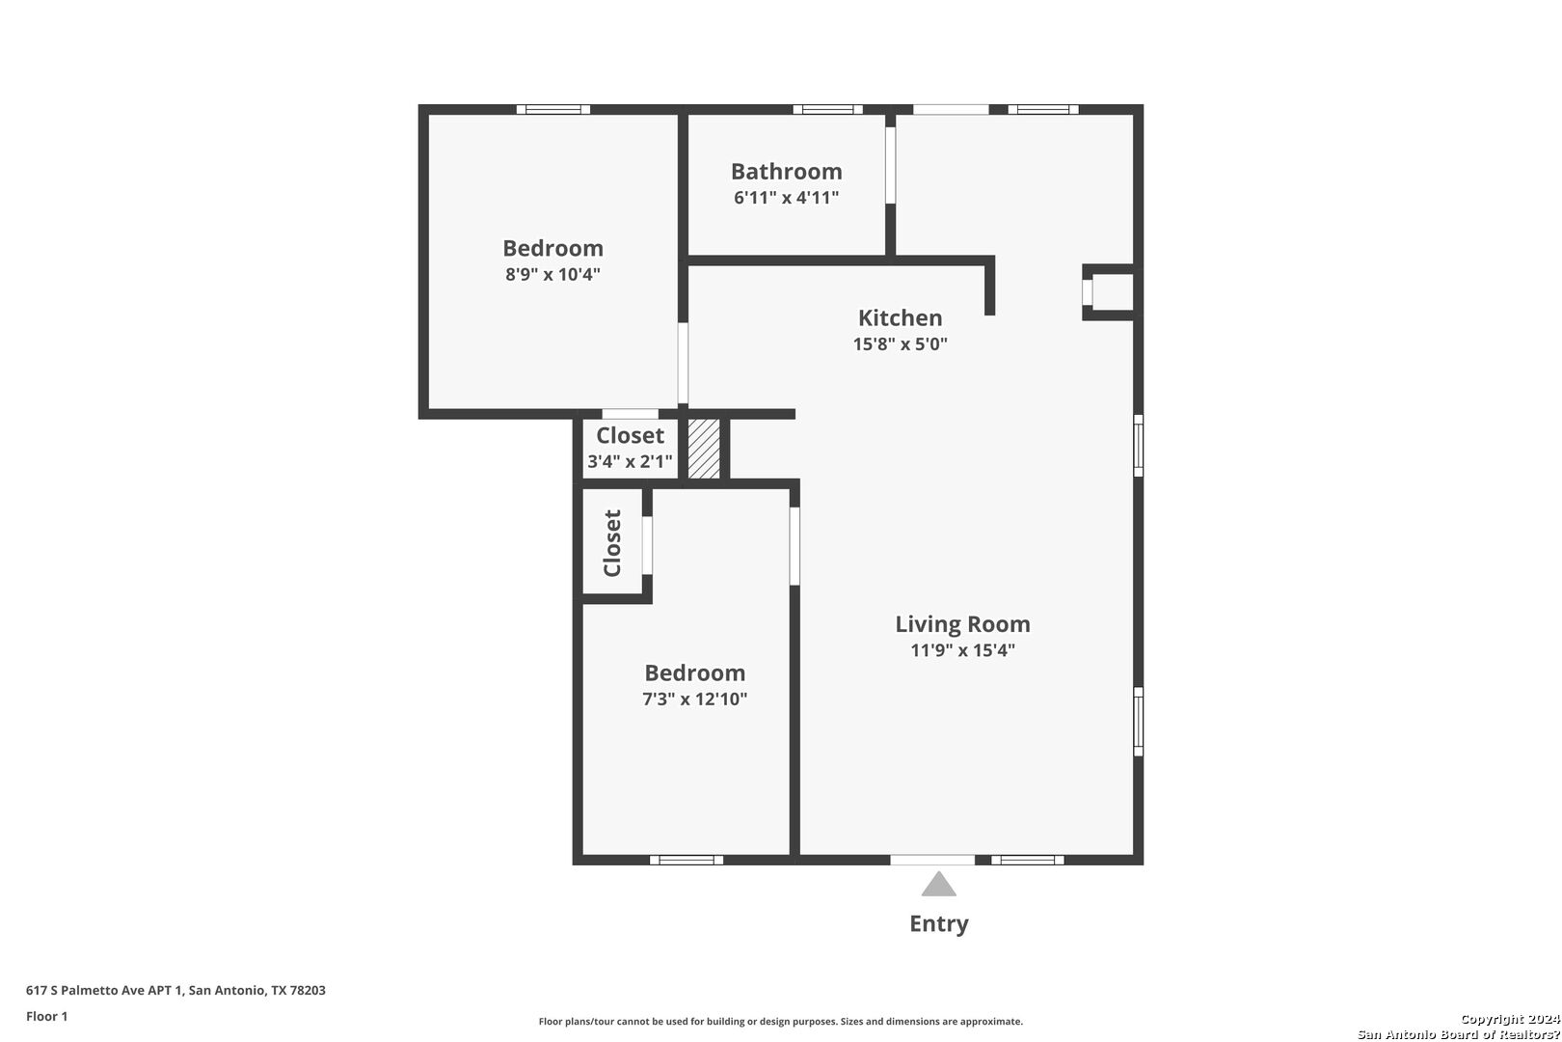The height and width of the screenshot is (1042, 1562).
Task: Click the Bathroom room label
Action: pyautogui.click(x=786, y=172)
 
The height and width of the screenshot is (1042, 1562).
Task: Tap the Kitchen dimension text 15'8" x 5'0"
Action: pyautogui.click(x=901, y=344)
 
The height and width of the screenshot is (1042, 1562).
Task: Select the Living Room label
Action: pyautogui.click(x=962, y=624)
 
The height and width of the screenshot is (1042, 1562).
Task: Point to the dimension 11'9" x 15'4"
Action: pyautogui.click(x=962, y=650)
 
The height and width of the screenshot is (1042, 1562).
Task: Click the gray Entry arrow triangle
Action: pyautogui.click(x=938, y=885)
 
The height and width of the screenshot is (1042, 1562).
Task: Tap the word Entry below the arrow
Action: pyautogui.click(x=938, y=924)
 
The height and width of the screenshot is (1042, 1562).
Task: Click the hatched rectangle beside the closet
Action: pyautogui.click(x=704, y=449)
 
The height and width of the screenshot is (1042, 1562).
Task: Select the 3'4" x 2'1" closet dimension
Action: pyautogui.click(x=630, y=461)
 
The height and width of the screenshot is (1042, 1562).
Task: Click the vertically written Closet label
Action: pyautogui.click(x=612, y=543)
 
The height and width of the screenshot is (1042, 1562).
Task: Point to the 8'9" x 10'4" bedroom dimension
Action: pyautogui.click(x=552, y=274)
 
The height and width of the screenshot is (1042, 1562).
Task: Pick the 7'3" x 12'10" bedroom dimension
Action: pyautogui.click(x=694, y=699)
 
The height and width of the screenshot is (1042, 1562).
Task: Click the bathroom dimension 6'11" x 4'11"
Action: pyautogui.click(x=786, y=198)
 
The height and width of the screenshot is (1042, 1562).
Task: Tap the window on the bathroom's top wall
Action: pyautogui.click(x=827, y=110)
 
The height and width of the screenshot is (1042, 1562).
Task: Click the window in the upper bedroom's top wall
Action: pyautogui.click(x=553, y=110)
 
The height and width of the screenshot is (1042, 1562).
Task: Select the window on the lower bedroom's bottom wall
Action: pyautogui.click(x=687, y=860)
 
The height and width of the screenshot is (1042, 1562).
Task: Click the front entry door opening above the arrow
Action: pyautogui.click(x=932, y=860)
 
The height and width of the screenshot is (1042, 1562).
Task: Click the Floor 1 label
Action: pyautogui.click(x=46, y=1017)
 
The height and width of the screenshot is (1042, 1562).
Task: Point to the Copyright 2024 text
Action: pyautogui.click(x=1510, y=1020)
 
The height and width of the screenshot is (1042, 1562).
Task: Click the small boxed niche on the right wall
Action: pyautogui.click(x=1109, y=291)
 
